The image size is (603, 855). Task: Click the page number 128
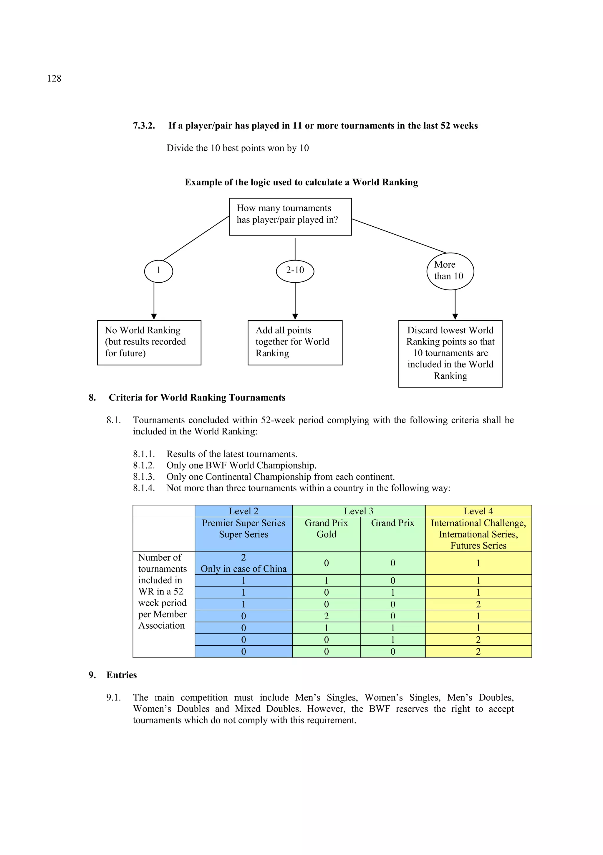tap(54, 78)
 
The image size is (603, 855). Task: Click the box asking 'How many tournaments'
tap(290, 216)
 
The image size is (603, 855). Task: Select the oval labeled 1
tap(158, 271)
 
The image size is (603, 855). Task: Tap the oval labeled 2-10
tap(295, 271)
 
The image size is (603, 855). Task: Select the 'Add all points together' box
tap(295, 342)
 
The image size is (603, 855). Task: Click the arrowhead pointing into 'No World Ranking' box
tap(154, 316)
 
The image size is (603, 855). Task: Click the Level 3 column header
tap(359, 511)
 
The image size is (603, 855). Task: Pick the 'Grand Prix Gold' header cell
tap(326, 529)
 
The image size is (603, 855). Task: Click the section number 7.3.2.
tap(144, 126)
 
